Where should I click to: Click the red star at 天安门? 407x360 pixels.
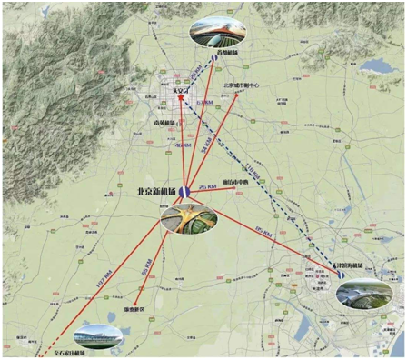181,99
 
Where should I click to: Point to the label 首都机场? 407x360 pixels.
228,55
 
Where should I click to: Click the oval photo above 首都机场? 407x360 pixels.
218,31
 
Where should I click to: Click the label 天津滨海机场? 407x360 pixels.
352,266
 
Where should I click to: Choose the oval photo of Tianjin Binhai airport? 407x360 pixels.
362,293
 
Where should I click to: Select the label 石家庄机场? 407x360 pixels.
66,353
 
